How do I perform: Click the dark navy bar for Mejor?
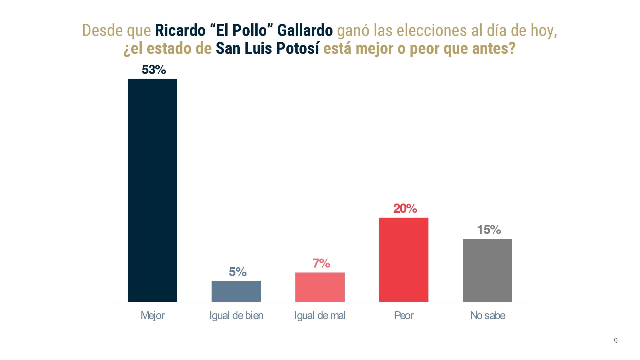[x=152, y=190]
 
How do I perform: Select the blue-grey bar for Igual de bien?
[x=236, y=291]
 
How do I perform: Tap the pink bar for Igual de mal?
[x=320, y=287]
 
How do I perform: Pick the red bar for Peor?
[x=404, y=260]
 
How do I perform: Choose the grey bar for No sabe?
[x=487, y=270]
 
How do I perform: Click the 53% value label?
[x=154, y=70]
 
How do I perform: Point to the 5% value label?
[x=238, y=272]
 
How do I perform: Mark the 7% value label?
[x=321, y=263]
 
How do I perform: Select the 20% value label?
[x=405, y=209]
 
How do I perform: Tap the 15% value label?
[x=489, y=230]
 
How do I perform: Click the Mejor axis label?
[x=153, y=316]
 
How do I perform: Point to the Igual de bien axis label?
[x=236, y=316]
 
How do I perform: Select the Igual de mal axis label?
[x=320, y=316]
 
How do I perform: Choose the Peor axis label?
[x=404, y=316]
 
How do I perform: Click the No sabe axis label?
[x=488, y=316]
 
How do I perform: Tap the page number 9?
[x=616, y=341]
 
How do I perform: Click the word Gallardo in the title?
[x=305, y=30]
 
